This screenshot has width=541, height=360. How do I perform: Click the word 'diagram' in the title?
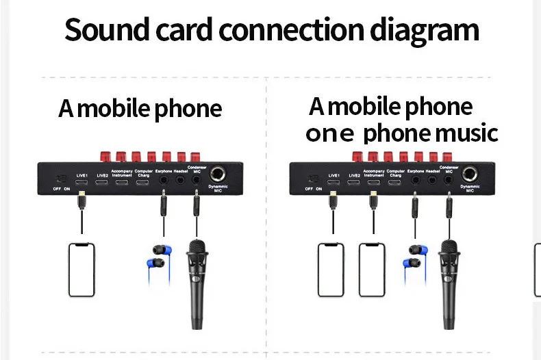[x=418, y=31]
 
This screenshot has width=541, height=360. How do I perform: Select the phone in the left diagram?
[x=81, y=269]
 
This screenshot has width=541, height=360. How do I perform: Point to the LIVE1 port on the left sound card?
[x=82, y=183]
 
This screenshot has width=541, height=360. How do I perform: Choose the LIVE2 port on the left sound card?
[x=102, y=183]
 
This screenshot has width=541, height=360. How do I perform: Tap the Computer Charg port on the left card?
[x=143, y=183]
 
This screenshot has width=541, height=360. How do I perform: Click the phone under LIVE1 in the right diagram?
[x=330, y=269]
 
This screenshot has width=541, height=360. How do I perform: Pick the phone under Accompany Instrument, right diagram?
[x=372, y=269]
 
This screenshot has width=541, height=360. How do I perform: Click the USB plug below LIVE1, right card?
[x=334, y=198]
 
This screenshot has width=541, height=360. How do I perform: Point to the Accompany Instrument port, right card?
[x=374, y=182]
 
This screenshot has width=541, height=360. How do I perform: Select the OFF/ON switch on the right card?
[x=314, y=179]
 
